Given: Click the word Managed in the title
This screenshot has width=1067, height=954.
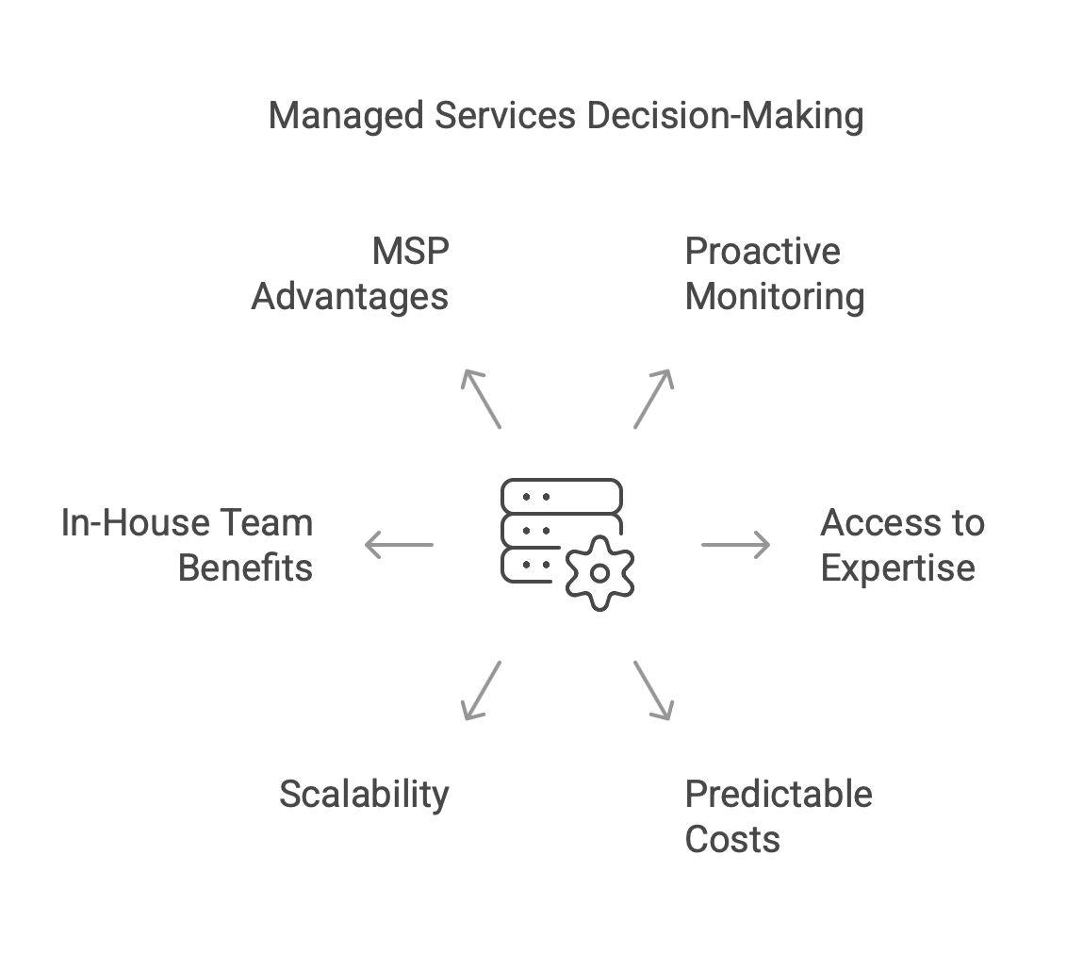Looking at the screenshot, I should coord(346,117).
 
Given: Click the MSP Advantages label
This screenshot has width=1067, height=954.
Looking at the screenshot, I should coord(351,274).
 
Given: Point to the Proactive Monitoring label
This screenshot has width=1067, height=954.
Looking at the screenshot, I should coord(774,274).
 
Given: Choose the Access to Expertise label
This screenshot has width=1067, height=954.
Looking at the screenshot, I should coord(901,546).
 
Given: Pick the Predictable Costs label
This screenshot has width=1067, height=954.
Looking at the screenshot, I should coord(778,816).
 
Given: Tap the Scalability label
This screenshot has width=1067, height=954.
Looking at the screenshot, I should coord(364,795).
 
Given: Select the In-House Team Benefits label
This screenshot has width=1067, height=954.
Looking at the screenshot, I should coord(188,546).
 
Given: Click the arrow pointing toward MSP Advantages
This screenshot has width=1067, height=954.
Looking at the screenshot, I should coord(481,399).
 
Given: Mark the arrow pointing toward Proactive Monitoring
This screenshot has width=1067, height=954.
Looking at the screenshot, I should coord(653,399).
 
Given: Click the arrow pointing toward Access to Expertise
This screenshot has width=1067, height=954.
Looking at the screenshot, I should coord(735,545).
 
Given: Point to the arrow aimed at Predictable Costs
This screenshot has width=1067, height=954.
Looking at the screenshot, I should coord(653,691).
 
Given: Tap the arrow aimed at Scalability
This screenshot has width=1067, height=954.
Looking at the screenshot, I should coord(481,691).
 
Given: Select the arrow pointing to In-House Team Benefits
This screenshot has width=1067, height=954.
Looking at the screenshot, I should coord(399,545).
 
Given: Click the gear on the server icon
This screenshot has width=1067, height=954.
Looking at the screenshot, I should coord(599,572).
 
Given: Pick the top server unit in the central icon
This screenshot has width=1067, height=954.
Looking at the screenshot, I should coord(562,495).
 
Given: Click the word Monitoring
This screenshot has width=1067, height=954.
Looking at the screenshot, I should coord(774,297).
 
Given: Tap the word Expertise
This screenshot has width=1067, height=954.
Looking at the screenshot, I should coord(897,568).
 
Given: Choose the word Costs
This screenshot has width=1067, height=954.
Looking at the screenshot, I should coord(732,839).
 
